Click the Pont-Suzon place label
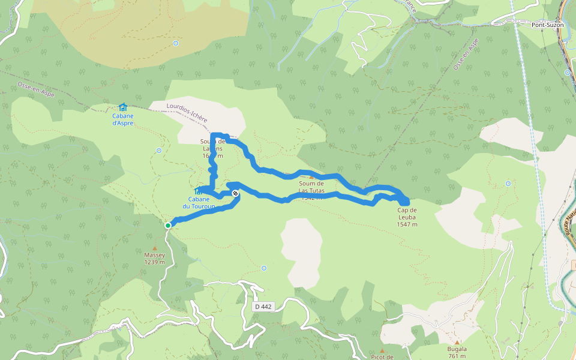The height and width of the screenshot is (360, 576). [x=547, y=25]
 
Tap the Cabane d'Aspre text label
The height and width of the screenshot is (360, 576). [x=122, y=119]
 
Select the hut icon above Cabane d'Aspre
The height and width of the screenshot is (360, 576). [x=122, y=107]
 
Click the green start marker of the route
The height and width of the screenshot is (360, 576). [x=168, y=225]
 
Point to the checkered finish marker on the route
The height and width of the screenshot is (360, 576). [x=236, y=193]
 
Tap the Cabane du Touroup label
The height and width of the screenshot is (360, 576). [x=202, y=203]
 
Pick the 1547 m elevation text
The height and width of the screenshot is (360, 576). [x=407, y=224]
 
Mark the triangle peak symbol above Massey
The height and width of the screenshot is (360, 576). [x=154, y=247]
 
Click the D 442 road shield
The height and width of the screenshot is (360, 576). [x=263, y=307]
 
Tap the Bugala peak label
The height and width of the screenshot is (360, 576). [x=457, y=349]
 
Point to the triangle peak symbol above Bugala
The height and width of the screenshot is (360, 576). [x=457, y=341]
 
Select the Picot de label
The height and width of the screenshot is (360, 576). [x=382, y=357]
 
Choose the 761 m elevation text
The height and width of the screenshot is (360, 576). [x=457, y=356]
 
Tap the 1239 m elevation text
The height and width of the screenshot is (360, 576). [x=154, y=262]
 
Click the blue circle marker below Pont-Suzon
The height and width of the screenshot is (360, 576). [x=567, y=73]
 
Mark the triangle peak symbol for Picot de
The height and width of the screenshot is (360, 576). [x=382, y=350]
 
